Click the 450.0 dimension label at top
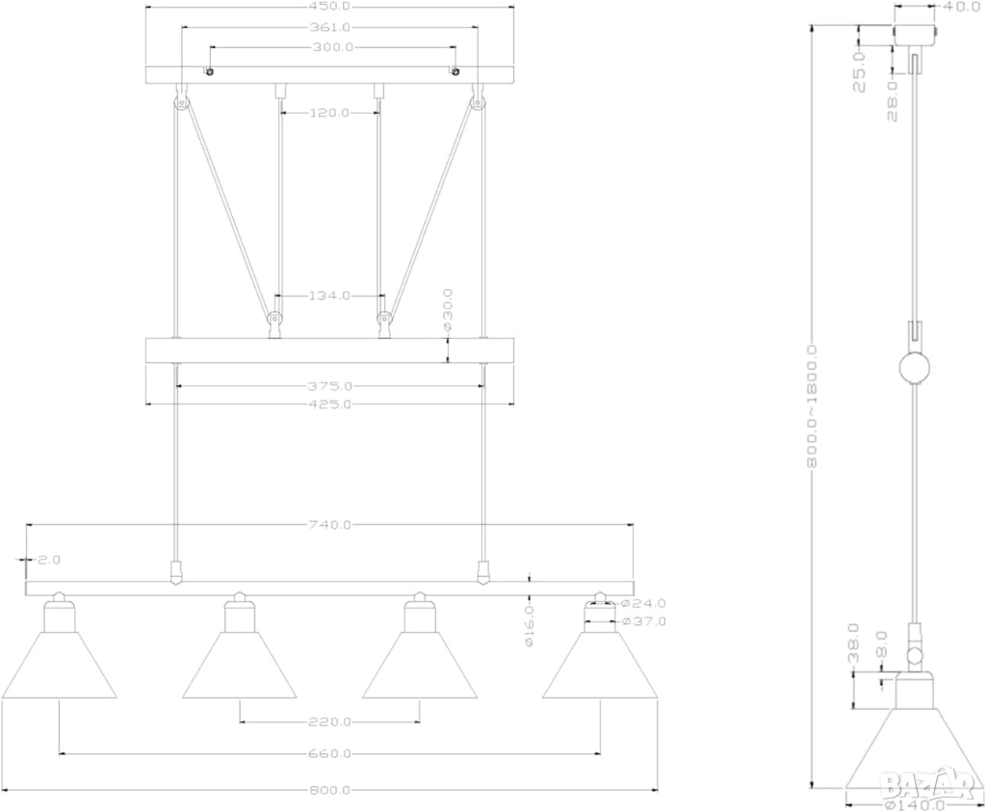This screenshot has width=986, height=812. pos(329,8)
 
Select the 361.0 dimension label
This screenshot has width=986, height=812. pos(329,28)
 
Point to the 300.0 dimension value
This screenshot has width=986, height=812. pos(332,47)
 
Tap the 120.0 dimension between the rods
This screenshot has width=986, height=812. pos(329,113)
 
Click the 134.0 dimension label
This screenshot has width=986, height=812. pos(329,296)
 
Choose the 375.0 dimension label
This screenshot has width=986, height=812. pos(329,385)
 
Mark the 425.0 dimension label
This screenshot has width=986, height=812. pos(329,405)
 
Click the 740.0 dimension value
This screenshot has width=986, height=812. pos(329,525)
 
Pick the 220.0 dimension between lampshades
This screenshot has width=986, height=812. pos(329,721)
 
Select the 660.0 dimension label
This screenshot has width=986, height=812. pos(329,753)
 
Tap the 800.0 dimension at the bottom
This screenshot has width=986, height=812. pos(329,790)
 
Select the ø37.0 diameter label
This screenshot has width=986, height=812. pos(644,621)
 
